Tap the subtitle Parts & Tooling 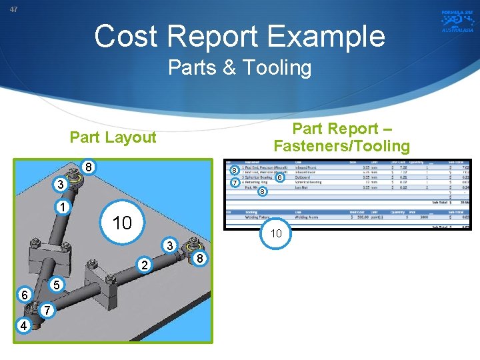pyautogui.click(x=239, y=67)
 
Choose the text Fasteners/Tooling pyautogui.click(x=342, y=145)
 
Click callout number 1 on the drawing pyautogui.click(x=61, y=207)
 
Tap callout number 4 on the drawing pyautogui.click(x=24, y=326)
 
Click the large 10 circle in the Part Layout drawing pyautogui.click(x=123, y=223)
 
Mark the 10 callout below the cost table pyautogui.click(x=275, y=233)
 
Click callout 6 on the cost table pyautogui.click(x=281, y=178)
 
